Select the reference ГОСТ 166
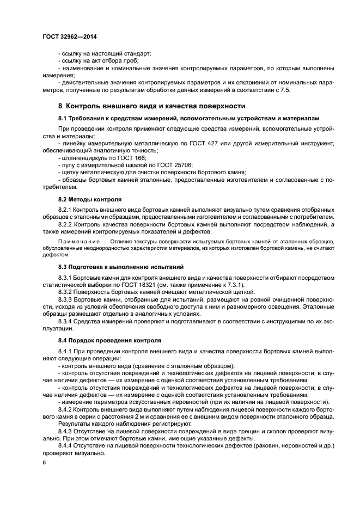(124, 157)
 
